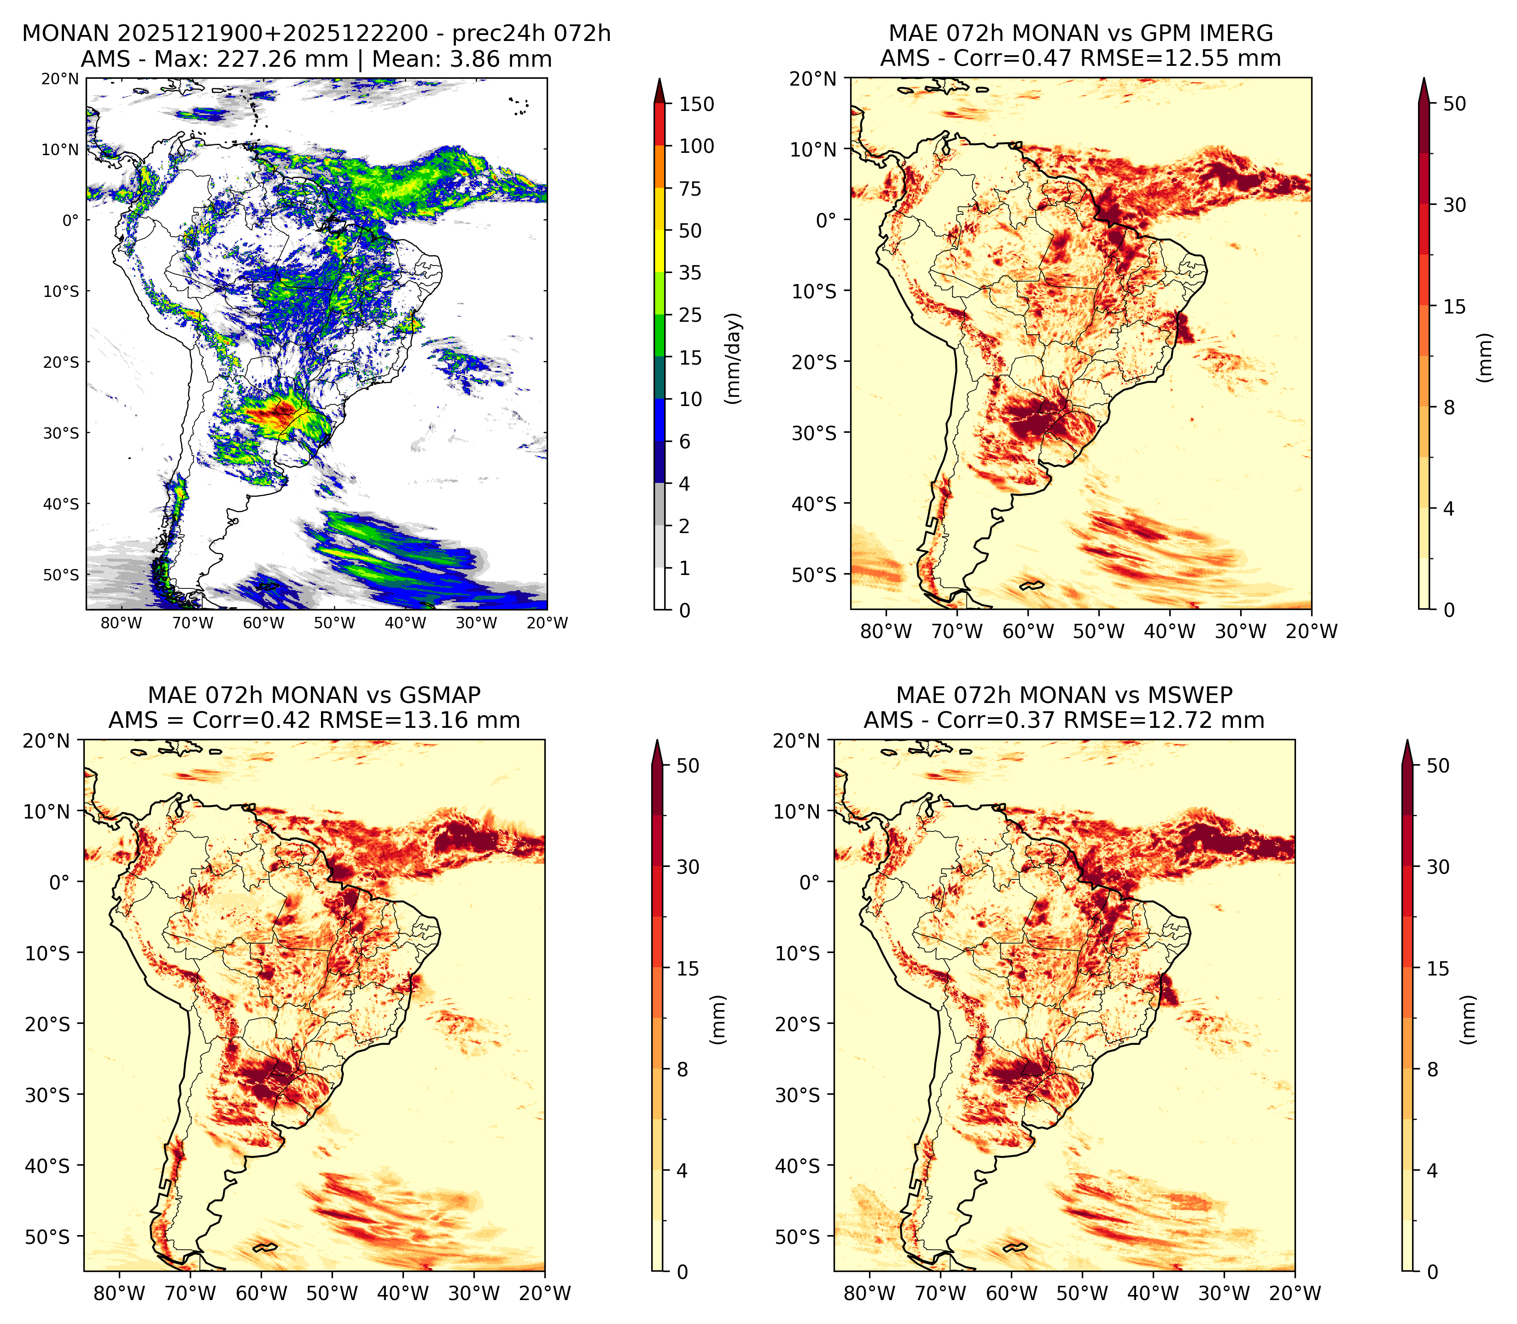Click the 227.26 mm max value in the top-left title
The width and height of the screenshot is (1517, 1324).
click(x=281, y=59)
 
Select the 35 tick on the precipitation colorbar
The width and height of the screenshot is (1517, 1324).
click(x=690, y=273)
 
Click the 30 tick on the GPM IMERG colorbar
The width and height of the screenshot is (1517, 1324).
click(x=1454, y=205)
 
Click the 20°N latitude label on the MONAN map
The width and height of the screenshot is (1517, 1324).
click(x=61, y=78)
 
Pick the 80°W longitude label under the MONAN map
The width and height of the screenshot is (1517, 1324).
click(x=121, y=623)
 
